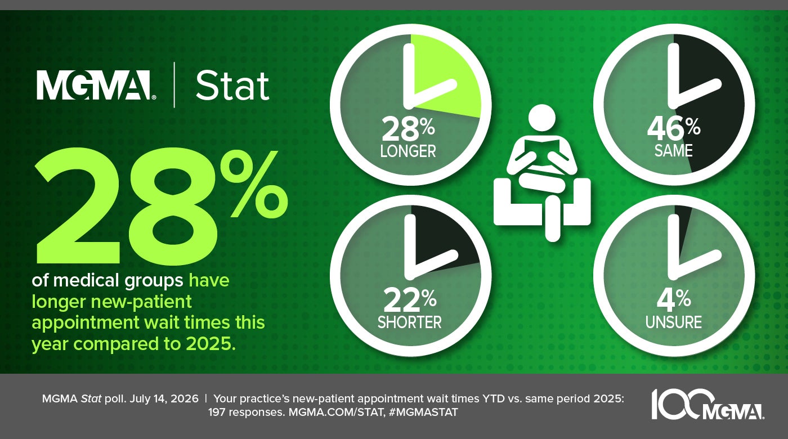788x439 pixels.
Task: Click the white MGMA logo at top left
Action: click(x=96, y=85)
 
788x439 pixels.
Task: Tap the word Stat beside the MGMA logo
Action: click(x=232, y=86)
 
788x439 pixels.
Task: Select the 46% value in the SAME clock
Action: click(x=674, y=129)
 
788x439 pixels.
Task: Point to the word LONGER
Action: click(x=408, y=151)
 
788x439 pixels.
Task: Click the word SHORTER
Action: click(x=410, y=322)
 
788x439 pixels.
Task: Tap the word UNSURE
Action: click(x=673, y=322)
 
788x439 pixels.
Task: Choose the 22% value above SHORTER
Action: click(x=410, y=301)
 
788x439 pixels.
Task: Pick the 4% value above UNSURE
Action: click(x=673, y=301)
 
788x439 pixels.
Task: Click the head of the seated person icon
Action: click(x=542, y=119)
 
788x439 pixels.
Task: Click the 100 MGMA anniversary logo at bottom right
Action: click(x=708, y=404)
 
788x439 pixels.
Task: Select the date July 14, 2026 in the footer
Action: click(x=164, y=399)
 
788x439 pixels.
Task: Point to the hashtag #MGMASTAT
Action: click(x=423, y=412)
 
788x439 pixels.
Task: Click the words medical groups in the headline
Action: click(x=118, y=281)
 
